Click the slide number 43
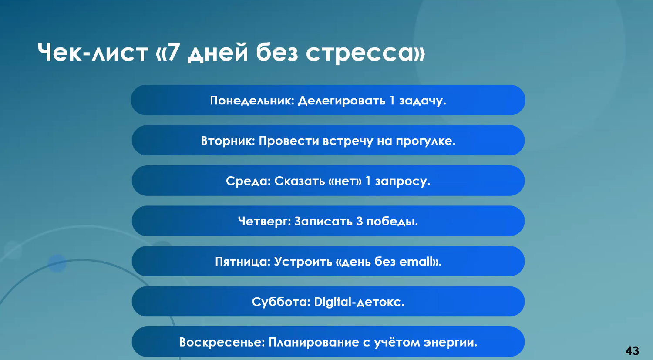[632, 350]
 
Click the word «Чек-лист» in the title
[93, 52]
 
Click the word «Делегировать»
[342, 101]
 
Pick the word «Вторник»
[228, 141]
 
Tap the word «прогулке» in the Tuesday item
[425, 141]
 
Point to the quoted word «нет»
[346, 181]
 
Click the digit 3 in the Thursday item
[359, 222]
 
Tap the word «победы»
[392, 222]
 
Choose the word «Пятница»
[242, 262]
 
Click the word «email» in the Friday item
[416, 262]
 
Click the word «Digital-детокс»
[359, 302]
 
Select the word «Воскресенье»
[222, 343]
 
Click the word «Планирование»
[314, 343]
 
